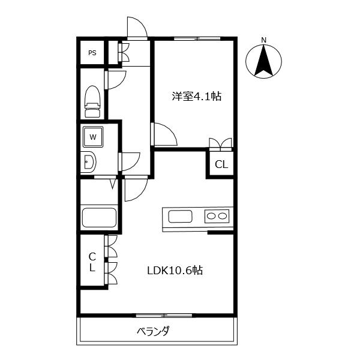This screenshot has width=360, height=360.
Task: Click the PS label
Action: [92, 53]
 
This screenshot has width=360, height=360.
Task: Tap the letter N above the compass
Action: [263, 41]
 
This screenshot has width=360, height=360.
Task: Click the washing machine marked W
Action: [93, 137]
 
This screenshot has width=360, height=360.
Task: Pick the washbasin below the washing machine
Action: [89, 161]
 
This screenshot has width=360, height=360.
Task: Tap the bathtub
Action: [100, 217]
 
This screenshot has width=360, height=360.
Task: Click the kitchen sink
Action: [181, 216]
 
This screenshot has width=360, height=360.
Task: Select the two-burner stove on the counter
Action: [216, 216]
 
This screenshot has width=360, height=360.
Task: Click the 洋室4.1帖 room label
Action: [196, 95]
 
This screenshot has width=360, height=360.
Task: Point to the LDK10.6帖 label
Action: [175, 270]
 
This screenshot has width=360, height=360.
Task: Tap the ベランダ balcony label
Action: [153, 331]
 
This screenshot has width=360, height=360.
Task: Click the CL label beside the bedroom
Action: [221, 164]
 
